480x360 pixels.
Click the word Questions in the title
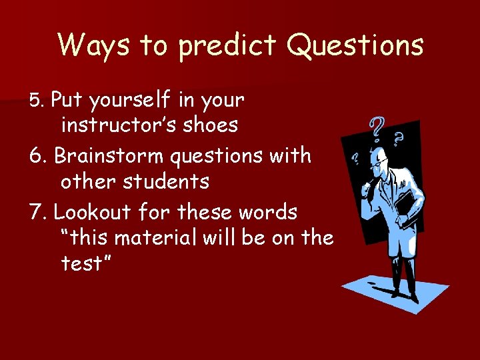[355, 45]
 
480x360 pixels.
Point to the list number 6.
[37, 156]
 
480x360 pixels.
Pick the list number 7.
[37, 213]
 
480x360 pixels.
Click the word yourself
[131, 101]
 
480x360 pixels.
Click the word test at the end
[85, 263]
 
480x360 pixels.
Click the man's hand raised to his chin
[367, 191]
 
